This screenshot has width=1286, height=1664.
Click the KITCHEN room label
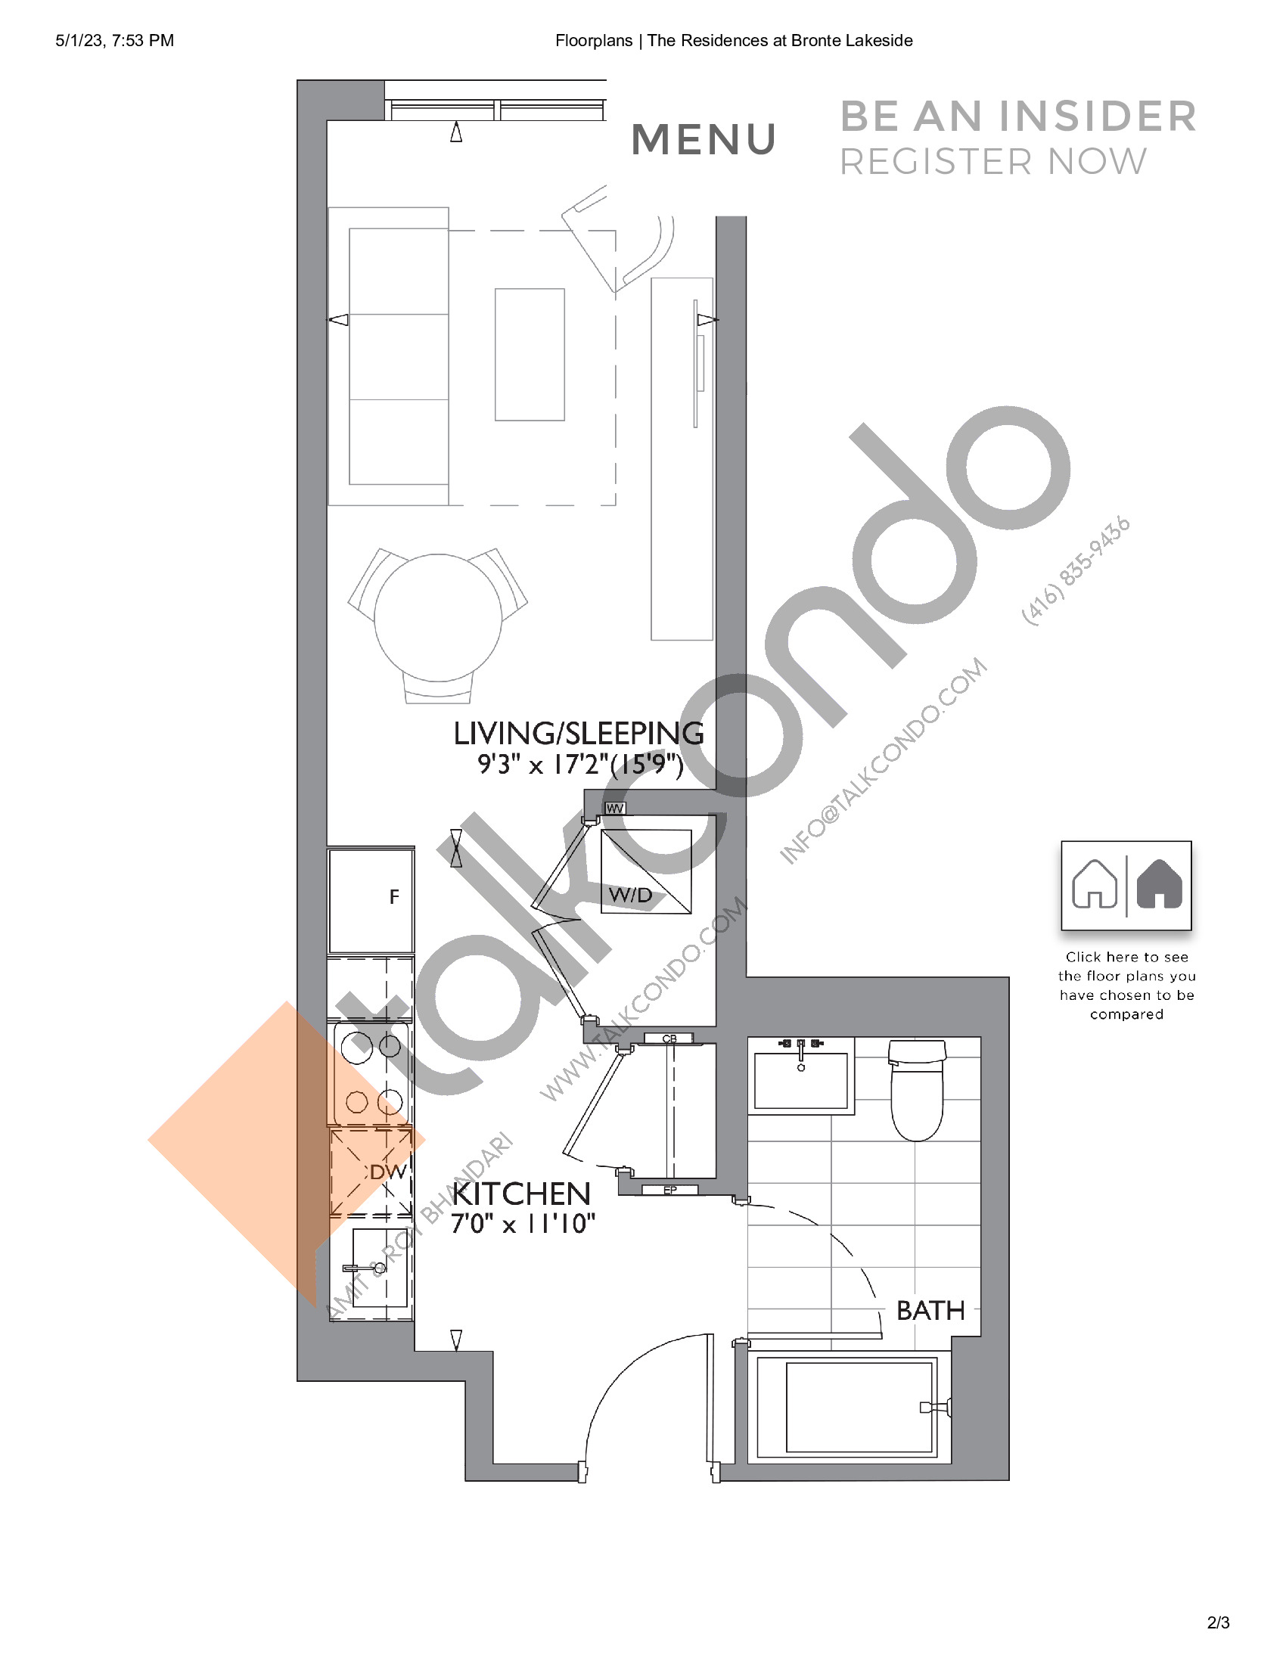[521, 1194]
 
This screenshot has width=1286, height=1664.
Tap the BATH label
[930, 1311]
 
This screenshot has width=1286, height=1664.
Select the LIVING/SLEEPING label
[578, 733]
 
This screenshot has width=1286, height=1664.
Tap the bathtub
[859, 1408]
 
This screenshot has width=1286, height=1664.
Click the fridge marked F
[371, 899]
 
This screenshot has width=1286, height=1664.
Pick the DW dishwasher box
[371, 1172]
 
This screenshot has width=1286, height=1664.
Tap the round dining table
[437, 618]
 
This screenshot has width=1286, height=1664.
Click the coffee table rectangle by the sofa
[530, 354]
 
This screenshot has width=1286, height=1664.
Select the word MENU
[704, 139]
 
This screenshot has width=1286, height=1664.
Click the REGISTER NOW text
[992, 162]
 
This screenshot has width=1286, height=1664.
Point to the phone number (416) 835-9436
[1076, 571]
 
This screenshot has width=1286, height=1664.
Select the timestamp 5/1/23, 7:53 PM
[114, 40]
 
